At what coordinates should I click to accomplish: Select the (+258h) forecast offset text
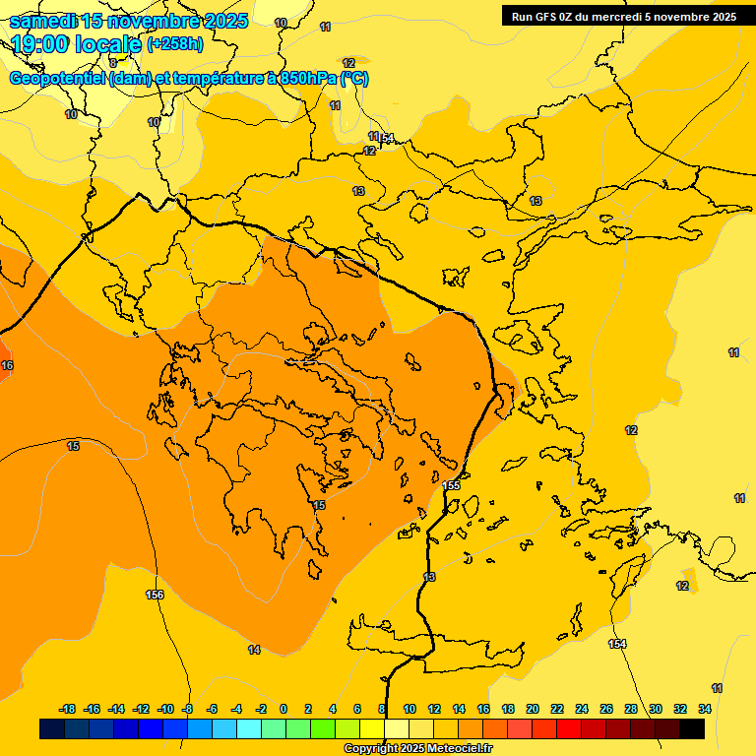(x=175, y=44)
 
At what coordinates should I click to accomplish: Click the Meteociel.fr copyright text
(x=417, y=749)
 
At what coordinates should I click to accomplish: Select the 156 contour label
(x=155, y=595)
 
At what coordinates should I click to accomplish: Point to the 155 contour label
(x=451, y=485)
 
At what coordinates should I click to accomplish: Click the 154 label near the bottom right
(x=617, y=644)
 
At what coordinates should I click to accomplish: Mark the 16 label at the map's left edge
(x=8, y=365)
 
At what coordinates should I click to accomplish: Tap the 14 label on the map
(x=254, y=650)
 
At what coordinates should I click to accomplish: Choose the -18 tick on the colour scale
(x=68, y=709)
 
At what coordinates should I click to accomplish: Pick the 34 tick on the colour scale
(x=705, y=709)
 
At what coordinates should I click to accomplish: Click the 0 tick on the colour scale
(x=283, y=709)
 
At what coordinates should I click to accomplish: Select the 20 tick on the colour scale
(x=533, y=709)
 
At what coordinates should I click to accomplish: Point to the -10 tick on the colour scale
(x=165, y=709)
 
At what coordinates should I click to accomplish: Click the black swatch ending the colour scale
(x=692, y=728)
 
